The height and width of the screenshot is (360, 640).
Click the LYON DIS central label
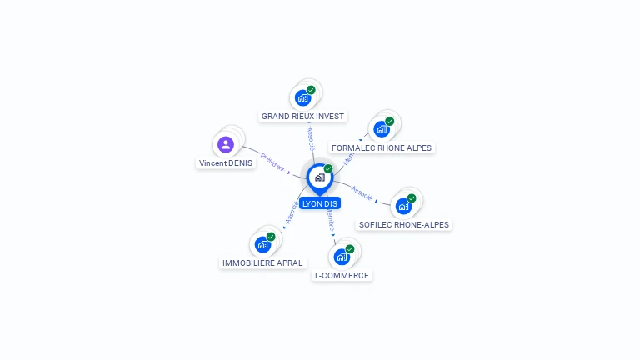coord(320,203)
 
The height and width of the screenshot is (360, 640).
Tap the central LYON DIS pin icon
coord(319,177)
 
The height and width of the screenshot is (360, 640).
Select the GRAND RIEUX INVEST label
coord(302,117)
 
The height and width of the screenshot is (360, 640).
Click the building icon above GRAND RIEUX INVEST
coord(302,97)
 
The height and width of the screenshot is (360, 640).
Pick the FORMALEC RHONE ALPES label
coord(382,148)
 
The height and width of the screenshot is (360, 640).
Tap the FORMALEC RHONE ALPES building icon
coord(382,129)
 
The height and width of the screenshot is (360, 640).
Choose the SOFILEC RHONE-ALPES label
coord(404,224)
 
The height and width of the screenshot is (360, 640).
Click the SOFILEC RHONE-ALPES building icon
coord(404,206)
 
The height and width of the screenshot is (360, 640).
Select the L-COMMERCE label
coord(342,275)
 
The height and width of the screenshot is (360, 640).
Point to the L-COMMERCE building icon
coord(342,257)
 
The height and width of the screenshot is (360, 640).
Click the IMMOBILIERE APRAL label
coord(262,262)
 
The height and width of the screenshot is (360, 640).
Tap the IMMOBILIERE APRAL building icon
coord(262,244)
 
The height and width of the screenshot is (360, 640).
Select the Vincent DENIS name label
coord(226,163)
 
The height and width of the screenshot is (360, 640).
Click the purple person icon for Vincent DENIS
coord(225,144)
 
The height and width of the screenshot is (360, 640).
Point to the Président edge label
coord(272,161)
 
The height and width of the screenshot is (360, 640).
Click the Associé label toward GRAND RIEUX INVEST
coord(311,137)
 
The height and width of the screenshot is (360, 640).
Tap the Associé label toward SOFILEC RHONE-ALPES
coord(362,192)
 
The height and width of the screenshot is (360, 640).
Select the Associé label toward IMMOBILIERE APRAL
coord(291,213)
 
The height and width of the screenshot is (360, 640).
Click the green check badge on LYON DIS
coord(328,168)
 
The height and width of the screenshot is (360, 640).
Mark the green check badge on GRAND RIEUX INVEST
coord(311,90)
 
